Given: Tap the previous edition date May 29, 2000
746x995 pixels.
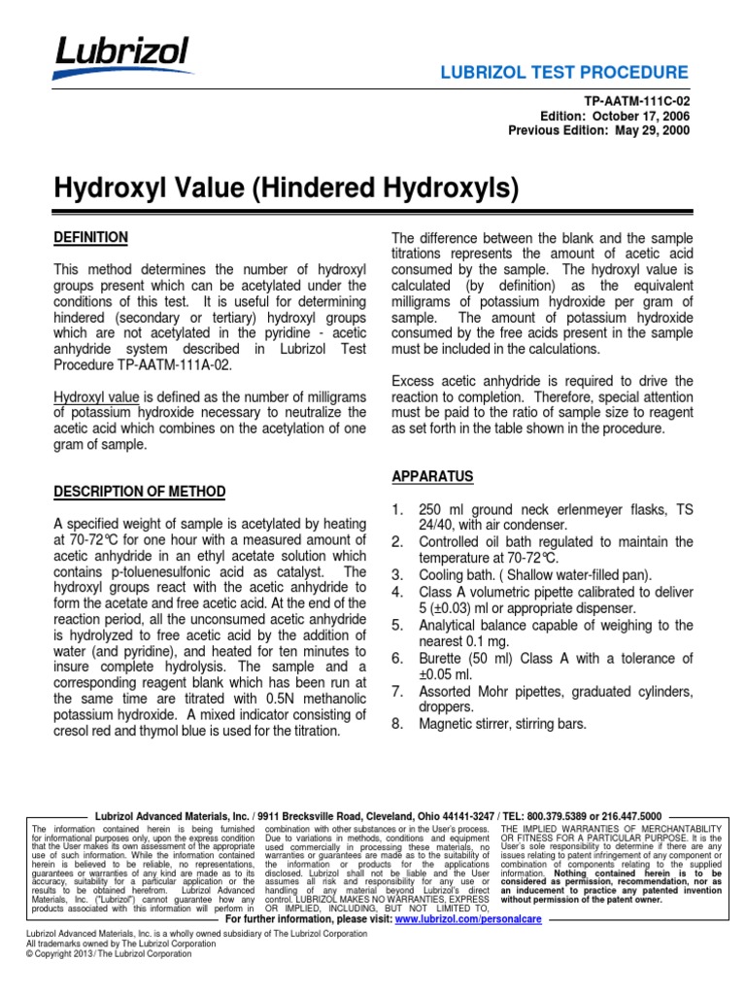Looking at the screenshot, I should [x=641, y=131].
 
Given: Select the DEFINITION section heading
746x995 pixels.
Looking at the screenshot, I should [x=90, y=237].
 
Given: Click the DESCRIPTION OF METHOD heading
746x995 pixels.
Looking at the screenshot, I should [x=139, y=492].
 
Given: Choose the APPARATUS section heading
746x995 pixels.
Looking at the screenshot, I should [x=432, y=476].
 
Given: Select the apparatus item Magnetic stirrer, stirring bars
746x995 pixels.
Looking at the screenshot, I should [x=515, y=723].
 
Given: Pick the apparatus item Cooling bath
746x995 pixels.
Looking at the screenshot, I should [x=459, y=574].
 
